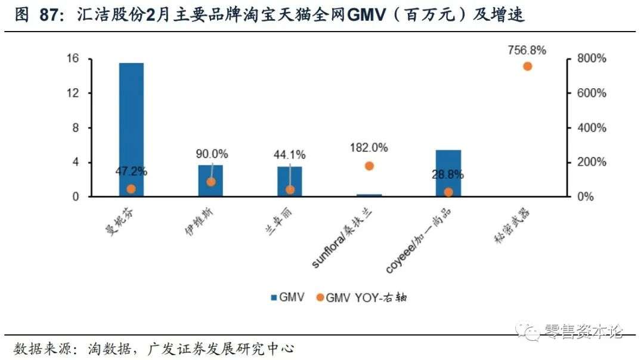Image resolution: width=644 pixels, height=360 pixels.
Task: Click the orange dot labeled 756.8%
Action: (x=527, y=66)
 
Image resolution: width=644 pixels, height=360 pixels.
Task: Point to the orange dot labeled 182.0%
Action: (x=369, y=166)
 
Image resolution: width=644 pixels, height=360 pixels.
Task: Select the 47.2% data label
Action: (x=131, y=172)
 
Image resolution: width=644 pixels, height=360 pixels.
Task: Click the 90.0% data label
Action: (x=212, y=154)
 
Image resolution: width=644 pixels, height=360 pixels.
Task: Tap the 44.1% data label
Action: (x=290, y=154)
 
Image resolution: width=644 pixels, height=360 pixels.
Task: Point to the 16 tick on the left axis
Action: (x=73, y=58)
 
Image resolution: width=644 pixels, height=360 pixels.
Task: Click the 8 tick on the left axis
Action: (x=76, y=128)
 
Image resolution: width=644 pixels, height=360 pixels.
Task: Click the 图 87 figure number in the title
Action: (x=36, y=14)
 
